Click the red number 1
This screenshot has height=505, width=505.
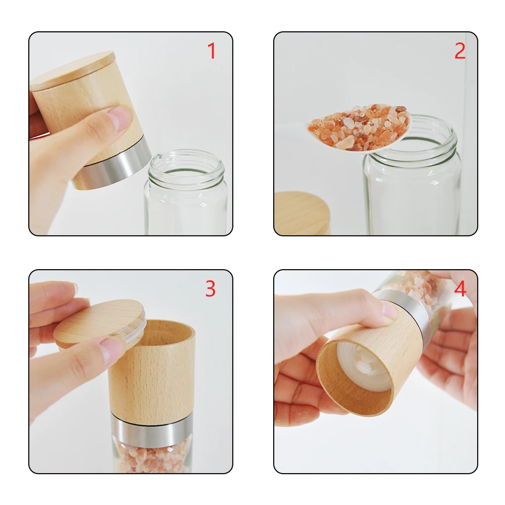coord(212,51)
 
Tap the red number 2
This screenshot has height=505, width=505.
coord(460,51)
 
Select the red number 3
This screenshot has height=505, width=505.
coord(210,288)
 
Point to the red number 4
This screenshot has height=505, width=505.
coord(460,288)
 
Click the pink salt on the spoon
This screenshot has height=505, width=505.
coord(359,126)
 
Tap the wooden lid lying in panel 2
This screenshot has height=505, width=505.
coord(302,213)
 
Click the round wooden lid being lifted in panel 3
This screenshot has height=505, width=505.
coord(99,322)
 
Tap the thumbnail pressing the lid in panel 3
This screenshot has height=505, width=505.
coord(111,348)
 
